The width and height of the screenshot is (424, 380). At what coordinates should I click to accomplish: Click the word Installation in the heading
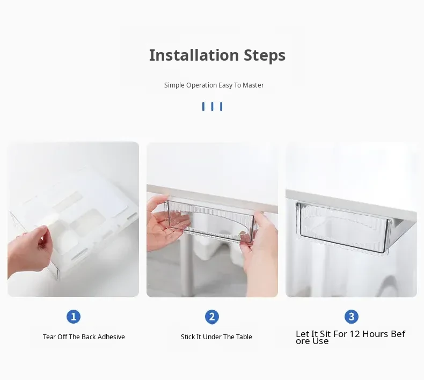pyautogui.click(x=194, y=55)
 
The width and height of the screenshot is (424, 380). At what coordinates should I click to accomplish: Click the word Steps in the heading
pyautogui.click(x=265, y=56)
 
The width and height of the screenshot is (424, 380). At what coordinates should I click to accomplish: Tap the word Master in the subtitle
pyautogui.click(x=253, y=85)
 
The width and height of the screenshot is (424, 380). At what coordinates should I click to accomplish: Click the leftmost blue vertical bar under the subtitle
pyautogui.click(x=203, y=107)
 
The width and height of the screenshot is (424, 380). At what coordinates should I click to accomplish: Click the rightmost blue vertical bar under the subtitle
pyautogui.click(x=221, y=107)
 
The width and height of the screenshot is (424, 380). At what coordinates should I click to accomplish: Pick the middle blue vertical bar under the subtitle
pyautogui.click(x=213, y=107)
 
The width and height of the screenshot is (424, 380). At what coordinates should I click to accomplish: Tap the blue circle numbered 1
pyautogui.click(x=74, y=317)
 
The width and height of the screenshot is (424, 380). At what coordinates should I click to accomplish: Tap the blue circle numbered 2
pyautogui.click(x=212, y=317)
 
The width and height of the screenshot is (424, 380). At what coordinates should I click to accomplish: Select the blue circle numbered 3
pyautogui.click(x=352, y=317)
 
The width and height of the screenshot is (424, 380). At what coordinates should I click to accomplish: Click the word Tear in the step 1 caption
pyautogui.click(x=49, y=337)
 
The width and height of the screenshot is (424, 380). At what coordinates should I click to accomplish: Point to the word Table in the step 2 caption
pyautogui.click(x=244, y=337)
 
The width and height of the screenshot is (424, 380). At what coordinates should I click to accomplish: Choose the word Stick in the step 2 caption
pyautogui.click(x=187, y=337)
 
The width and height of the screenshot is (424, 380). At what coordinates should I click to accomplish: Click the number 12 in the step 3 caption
pyautogui.click(x=355, y=334)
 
